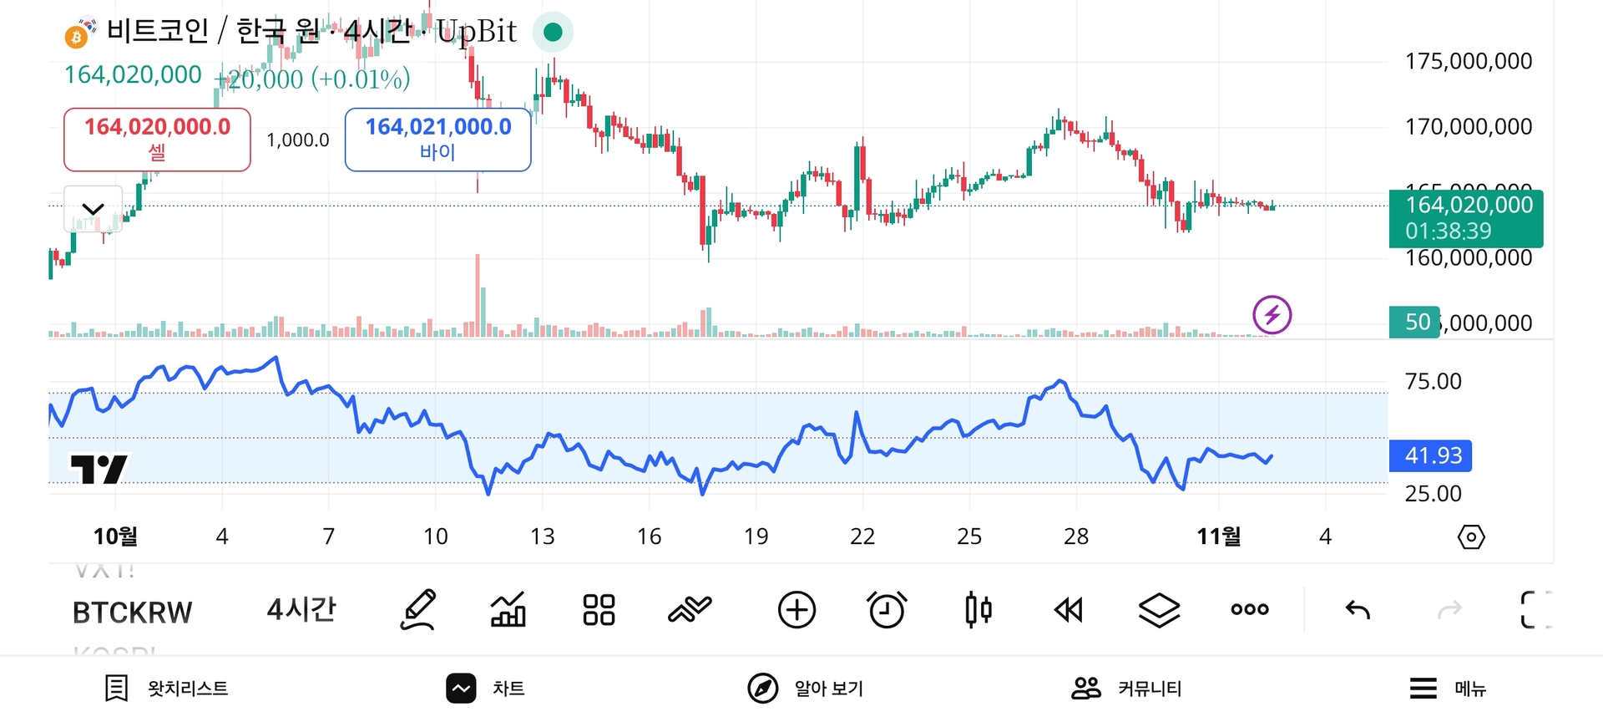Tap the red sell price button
(x=157, y=139)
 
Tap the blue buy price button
(x=437, y=139)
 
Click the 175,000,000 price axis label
(x=1469, y=61)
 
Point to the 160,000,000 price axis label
(x=1469, y=258)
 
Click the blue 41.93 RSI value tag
(x=1430, y=455)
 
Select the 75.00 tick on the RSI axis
(x=1433, y=382)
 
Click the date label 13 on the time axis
(x=542, y=536)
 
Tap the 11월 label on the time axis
(x=1218, y=536)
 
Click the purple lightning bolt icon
(x=1272, y=315)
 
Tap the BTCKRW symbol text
(x=132, y=613)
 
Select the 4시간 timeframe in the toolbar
(x=301, y=610)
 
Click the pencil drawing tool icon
(x=418, y=610)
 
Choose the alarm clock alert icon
(x=887, y=610)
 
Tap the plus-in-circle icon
(x=796, y=610)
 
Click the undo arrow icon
(x=1358, y=610)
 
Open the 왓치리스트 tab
(x=167, y=689)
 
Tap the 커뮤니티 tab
(x=1126, y=689)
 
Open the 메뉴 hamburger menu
(x=1448, y=689)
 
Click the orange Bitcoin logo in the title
(x=77, y=36)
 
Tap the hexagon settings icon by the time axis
(x=1470, y=536)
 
